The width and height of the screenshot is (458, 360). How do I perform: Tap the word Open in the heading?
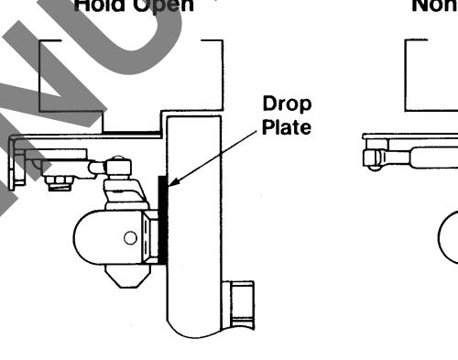coord(169,5)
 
